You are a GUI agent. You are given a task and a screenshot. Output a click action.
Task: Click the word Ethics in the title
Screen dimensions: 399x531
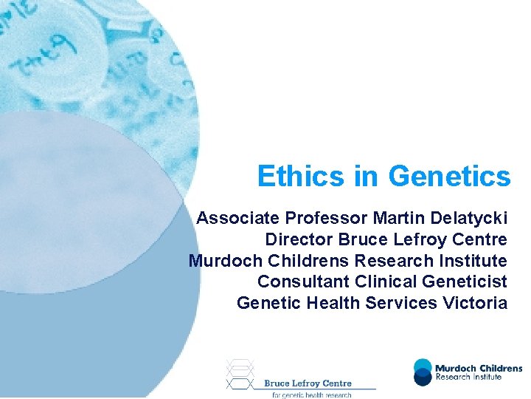[x=300, y=177]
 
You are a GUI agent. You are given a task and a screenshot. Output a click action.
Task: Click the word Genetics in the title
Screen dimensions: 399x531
[x=449, y=177]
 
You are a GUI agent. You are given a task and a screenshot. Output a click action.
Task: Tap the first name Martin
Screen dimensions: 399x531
[x=395, y=218]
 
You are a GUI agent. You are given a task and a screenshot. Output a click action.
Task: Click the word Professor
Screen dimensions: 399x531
[x=327, y=218]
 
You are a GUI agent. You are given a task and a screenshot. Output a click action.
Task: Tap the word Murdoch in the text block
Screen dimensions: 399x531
[x=220, y=261]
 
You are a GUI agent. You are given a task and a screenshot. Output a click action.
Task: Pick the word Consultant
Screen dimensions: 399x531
[x=303, y=282]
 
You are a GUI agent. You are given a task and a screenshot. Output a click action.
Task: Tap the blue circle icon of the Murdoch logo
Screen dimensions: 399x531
[x=423, y=372]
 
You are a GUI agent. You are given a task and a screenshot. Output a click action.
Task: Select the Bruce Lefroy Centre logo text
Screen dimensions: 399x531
[x=308, y=383]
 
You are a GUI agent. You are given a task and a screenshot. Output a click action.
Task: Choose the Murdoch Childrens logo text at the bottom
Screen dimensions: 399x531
[x=478, y=368]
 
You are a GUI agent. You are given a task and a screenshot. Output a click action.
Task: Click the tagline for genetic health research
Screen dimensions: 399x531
[x=311, y=395]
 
